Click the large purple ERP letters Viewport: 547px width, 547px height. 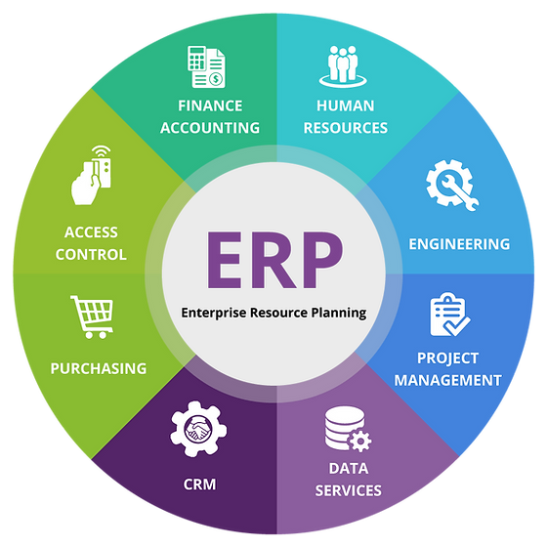274,260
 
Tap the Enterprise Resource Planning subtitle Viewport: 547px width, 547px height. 273,313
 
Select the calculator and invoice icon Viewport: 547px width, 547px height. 206,66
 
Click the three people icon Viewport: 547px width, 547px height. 343,66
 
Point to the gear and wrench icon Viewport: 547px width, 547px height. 451,185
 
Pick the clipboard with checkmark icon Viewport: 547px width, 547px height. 450,315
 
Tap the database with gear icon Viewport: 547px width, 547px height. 348,429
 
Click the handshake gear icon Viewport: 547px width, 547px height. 198,429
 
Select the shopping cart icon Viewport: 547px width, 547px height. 92,316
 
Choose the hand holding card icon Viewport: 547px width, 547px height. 92,175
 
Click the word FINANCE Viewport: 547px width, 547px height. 210,106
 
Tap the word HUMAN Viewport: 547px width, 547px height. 346,106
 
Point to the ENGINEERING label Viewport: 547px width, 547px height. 459,244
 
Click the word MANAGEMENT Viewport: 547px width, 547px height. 448,380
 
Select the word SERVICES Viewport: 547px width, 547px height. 348,490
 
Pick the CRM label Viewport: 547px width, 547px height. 199,484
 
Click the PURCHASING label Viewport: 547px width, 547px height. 99,369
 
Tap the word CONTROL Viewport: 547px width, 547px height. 91,255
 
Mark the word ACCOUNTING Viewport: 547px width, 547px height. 210,128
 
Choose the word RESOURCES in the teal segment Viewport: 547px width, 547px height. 346,128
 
